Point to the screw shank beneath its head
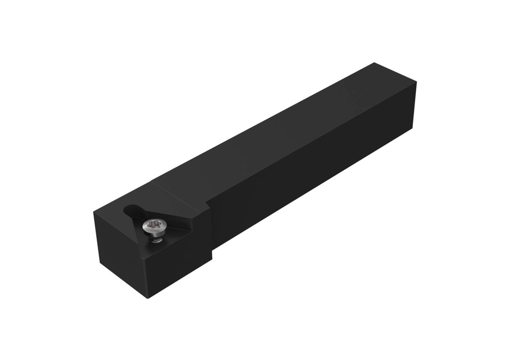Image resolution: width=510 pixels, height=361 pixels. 156,239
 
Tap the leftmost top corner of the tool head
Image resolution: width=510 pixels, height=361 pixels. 94,212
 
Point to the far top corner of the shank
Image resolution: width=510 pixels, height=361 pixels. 374,63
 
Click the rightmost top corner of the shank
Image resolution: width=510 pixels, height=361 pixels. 416,83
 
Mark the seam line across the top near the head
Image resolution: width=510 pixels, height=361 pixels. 179,191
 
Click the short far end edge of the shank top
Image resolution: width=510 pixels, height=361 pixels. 395,73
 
